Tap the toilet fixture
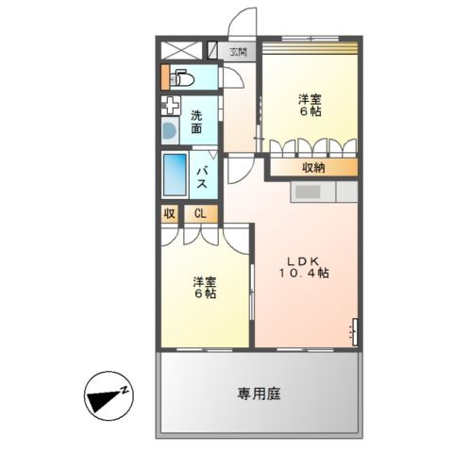[x=182, y=78]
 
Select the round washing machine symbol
[x=170, y=131]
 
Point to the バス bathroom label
[x=202, y=177]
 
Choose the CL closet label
[x=199, y=214]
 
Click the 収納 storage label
[x=314, y=168]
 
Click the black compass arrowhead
[x=100, y=400]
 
